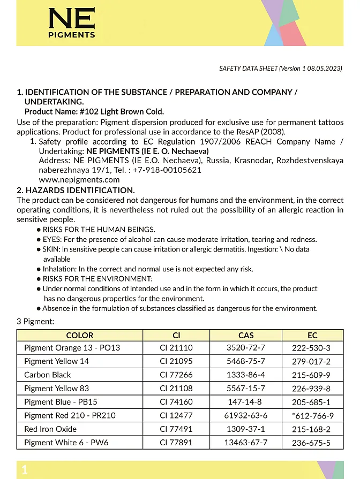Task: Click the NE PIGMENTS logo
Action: tap(72, 24)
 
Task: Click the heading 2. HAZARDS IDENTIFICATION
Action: tap(76, 190)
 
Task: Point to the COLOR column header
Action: tap(79, 335)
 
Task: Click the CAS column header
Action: tap(246, 335)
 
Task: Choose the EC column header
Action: tap(312, 335)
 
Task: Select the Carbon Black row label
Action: tap(47, 375)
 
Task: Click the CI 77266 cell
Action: tap(176, 375)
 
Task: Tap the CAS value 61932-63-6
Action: tap(245, 415)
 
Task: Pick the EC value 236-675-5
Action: tap(311, 443)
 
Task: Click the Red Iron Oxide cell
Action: tap(50, 429)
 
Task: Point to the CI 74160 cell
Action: tap(176, 402)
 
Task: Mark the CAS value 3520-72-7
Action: tap(245, 348)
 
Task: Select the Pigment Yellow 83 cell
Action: tap(56, 389)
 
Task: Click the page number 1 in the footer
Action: tap(24, 470)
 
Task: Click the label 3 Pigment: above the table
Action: tap(35, 321)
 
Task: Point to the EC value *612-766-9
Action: tap(313, 416)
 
